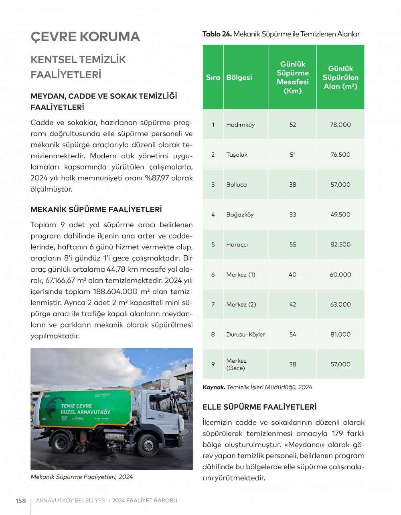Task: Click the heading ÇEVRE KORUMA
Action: (85, 36)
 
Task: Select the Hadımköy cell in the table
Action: (240, 125)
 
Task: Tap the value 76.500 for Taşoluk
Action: (340, 155)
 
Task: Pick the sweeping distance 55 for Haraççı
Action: (293, 244)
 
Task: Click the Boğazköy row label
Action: (240, 215)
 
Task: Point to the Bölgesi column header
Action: (239, 77)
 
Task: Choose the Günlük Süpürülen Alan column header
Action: (340, 77)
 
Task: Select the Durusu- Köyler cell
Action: (245, 334)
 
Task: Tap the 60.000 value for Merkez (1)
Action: (340, 275)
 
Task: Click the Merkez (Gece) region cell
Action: (236, 364)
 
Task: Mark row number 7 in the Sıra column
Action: (213, 305)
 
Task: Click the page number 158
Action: (21, 501)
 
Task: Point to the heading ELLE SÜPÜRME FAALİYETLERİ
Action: (259, 407)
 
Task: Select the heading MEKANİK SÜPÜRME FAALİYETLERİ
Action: (96, 210)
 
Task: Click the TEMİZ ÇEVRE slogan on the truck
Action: (76, 406)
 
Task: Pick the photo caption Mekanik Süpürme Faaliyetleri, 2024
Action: (81, 477)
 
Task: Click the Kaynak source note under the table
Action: (257, 387)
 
